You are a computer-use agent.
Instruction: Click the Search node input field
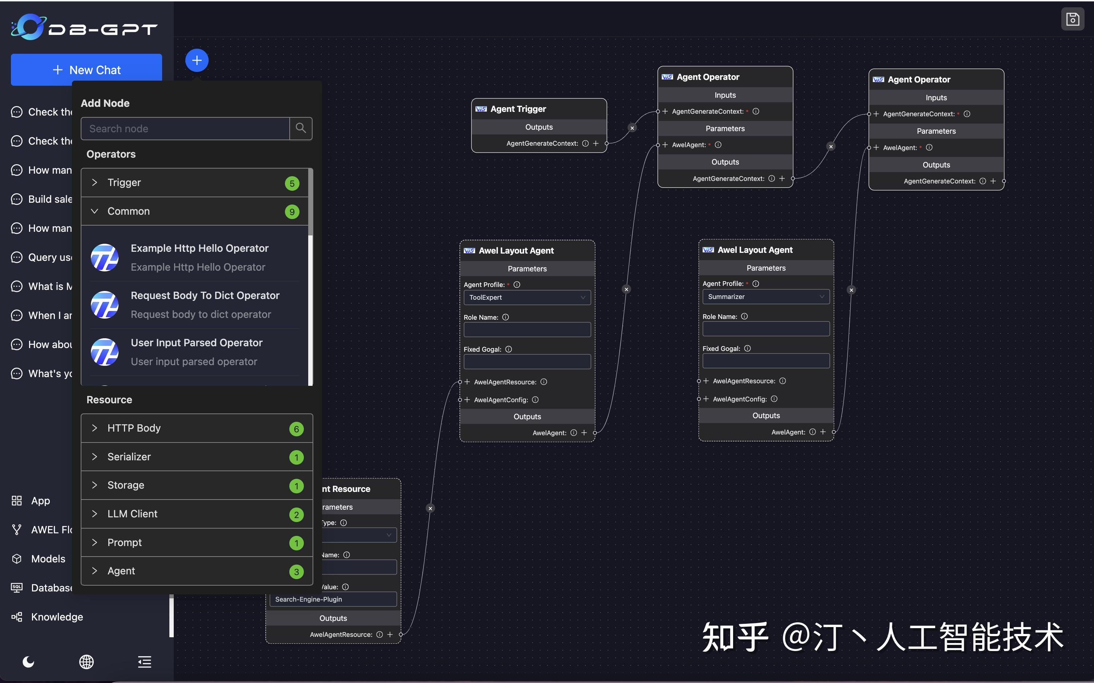185,129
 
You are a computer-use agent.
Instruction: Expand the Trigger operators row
124,182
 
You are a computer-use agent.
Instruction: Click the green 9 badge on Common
292,212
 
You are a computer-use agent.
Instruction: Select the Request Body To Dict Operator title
205,295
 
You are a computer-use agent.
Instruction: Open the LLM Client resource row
132,514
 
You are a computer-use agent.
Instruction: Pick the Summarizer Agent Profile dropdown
765,297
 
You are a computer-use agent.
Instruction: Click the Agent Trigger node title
518,109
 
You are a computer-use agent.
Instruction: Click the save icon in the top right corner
1072,19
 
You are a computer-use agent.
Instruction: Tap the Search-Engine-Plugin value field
333,599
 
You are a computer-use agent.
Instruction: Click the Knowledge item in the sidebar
57,617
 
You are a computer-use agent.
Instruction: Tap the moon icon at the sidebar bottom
28,662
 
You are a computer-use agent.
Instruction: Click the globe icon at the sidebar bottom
86,662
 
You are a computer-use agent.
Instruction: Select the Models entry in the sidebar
48,559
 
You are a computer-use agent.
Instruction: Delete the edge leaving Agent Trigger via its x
632,128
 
